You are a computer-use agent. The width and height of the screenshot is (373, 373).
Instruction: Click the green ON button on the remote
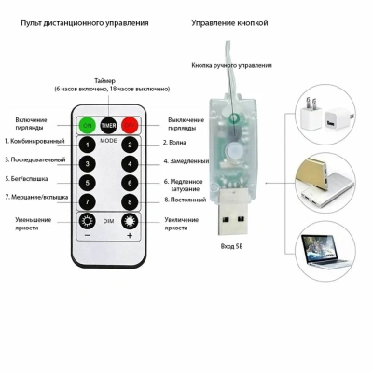[88, 125]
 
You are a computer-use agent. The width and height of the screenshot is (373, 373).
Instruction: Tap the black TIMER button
[108, 125]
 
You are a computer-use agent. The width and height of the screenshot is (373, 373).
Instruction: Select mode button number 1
[88, 145]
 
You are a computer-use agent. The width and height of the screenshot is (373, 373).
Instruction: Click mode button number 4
[130, 164]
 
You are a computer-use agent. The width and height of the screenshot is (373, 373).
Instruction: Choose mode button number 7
[88, 202]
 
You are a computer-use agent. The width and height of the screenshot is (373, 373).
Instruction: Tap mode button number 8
[130, 202]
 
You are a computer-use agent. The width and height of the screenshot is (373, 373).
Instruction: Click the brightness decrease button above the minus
[87, 221]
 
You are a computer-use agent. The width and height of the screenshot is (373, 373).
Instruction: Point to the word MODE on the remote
[108, 141]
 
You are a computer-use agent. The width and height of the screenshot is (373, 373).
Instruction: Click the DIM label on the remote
[108, 221]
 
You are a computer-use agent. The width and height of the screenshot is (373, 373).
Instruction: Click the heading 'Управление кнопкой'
[229, 23]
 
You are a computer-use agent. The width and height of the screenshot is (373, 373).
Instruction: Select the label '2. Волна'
[174, 143]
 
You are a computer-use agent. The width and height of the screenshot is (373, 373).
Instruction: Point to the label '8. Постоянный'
[186, 200]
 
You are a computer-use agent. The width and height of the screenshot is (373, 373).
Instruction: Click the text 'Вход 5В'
[231, 246]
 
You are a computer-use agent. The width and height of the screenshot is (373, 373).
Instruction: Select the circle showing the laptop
[325, 252]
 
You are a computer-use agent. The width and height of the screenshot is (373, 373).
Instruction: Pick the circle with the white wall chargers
[325, 115]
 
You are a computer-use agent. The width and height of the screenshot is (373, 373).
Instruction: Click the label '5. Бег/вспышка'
[26, 179]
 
